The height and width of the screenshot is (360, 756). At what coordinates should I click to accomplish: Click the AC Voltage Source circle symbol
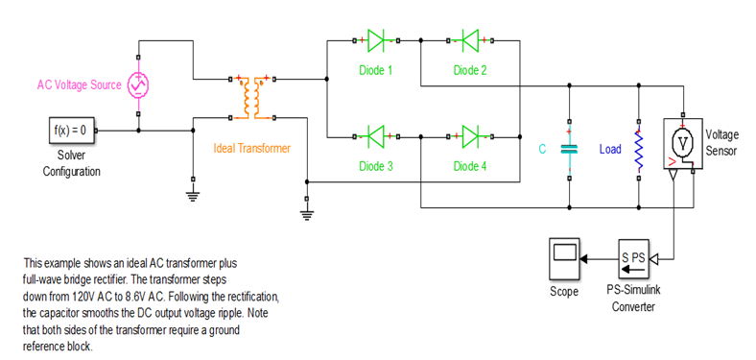pos(140,85)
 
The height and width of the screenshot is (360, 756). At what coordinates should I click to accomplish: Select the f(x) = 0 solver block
pos(72,129)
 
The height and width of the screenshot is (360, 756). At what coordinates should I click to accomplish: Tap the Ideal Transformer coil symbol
pos(255,96)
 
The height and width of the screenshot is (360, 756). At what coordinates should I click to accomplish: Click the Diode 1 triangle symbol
pos(375,40)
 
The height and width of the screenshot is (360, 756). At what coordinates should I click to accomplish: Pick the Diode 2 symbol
pos(469,40)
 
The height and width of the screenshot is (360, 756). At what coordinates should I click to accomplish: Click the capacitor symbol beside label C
pos(569,149)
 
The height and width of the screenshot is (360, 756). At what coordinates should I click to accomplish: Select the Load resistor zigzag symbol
pos(638,149)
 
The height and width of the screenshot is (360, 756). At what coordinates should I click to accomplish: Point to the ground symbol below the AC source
pos(193,194)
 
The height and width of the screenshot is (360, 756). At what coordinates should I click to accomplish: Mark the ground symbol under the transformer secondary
pos(307,213)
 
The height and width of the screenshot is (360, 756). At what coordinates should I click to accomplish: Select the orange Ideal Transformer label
pos(251,148)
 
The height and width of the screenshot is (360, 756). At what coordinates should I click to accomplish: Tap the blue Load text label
pos(610,149)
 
